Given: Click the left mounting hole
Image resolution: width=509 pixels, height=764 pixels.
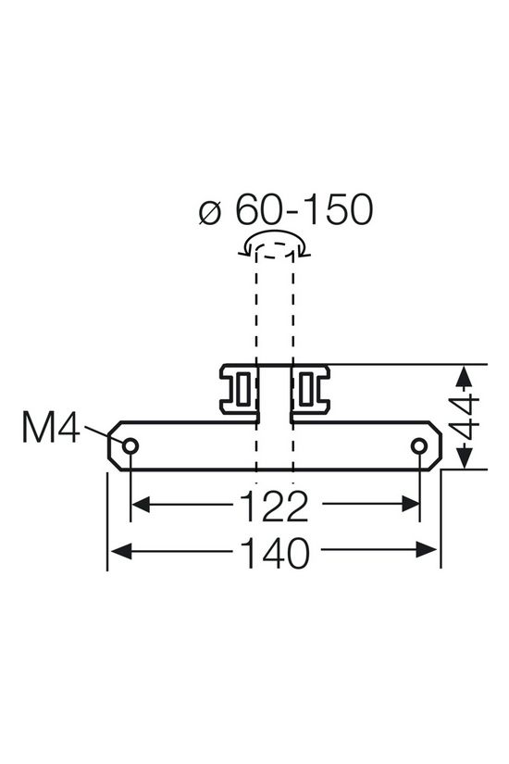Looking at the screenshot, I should (x=130, y=447).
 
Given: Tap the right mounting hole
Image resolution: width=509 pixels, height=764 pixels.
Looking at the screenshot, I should (x=420, y=447).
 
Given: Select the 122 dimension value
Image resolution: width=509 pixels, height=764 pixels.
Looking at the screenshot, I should (x=275, y=506).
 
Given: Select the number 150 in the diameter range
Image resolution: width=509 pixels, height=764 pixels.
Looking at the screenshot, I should (x=333, y=210).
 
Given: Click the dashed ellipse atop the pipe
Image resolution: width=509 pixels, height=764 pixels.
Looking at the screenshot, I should (x=275, y=244).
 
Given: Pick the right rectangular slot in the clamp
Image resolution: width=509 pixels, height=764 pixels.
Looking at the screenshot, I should (x=308, y=392).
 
